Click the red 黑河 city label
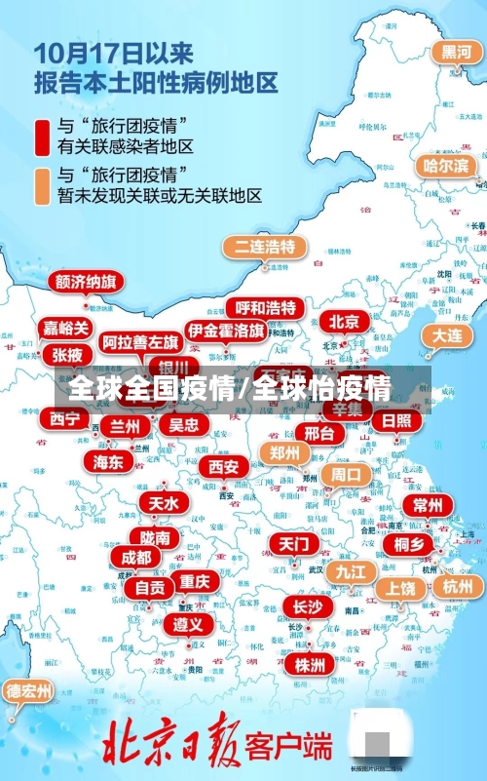[x=455, y=52]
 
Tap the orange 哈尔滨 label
[x=445, y=165]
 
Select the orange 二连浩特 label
[x=264, y=246]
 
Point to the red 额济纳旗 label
[x=87, y=282]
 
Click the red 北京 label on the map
[x=344, y=321]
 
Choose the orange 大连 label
[x=447, y=334]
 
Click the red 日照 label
[x=396, y=420]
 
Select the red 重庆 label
[x=194, y=581]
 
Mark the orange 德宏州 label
[x=28, y=691]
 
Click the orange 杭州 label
[x=457, y=586]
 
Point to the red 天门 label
[x=292, y=543]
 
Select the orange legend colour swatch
[x=42, y=185]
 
